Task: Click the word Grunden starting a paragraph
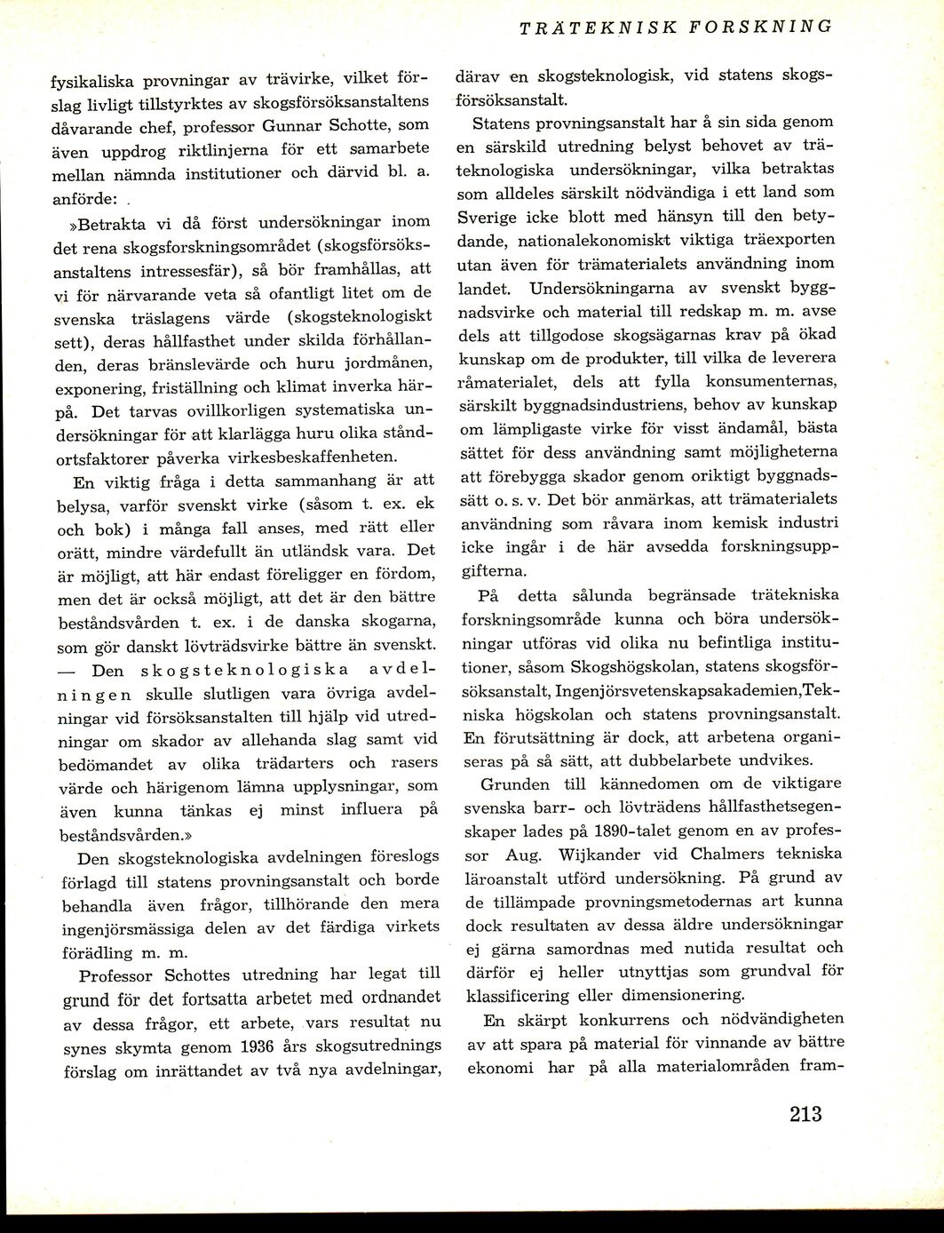coord(510,784)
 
